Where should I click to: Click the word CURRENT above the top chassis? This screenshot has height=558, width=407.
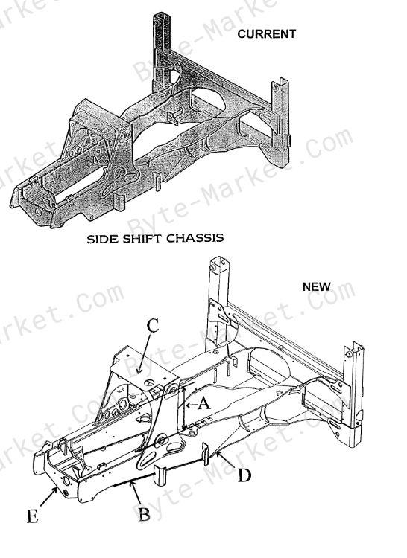click(x=267, y=33)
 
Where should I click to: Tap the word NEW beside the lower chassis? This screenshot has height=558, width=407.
click(x=317, y=286)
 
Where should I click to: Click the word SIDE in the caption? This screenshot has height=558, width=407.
click(x=103, y=238)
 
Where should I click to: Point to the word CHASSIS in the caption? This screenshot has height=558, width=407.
click(x=195, y=238)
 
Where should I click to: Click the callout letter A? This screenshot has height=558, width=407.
click(x=204, y=405)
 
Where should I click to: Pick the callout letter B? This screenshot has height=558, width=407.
click(x=144, y=513)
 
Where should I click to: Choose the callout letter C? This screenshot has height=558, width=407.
click(x=154, y=325)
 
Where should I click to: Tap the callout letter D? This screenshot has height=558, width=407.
click(x=244, y=475)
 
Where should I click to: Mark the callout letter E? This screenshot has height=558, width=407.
click(x=33, y=516)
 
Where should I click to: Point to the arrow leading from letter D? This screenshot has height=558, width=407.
click(x=225, y=459)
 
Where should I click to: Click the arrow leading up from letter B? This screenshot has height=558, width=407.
click(x=136, y=492)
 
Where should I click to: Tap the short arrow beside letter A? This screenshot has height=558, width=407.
click(x=192, y=405)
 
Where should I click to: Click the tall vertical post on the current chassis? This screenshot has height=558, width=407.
click(x=160, y=54)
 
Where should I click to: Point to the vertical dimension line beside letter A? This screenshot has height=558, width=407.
click(x=183, y=409)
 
